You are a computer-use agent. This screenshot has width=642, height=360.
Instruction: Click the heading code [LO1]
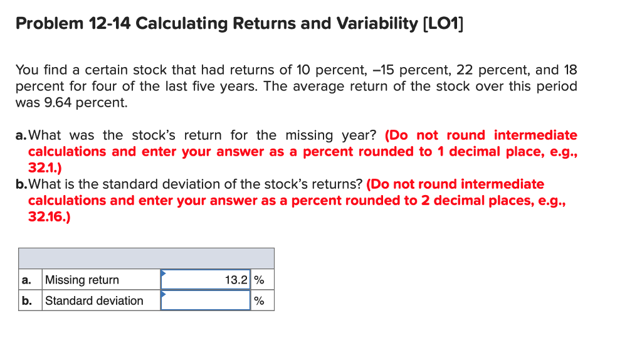[x=445, y=24]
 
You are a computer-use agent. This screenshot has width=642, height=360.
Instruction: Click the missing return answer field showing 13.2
[x=206, y=280]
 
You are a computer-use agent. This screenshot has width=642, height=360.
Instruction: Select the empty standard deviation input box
[x=206, y=300]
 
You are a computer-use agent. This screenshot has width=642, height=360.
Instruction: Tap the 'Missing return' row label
[x=82, y=280]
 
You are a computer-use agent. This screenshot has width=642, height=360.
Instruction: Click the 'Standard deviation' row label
[x=94, y=300]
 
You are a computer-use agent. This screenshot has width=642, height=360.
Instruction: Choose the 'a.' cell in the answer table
[x=26, y=280]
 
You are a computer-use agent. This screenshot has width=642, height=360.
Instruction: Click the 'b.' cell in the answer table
[x=26, y=300]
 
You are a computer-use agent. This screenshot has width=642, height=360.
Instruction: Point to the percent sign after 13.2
[x=259, y=280]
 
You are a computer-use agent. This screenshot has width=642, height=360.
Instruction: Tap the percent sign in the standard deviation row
[x=259, y=300]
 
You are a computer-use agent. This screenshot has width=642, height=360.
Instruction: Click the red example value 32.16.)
[x=49, y=217]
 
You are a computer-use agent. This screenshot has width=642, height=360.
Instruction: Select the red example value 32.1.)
[x=45, y=168]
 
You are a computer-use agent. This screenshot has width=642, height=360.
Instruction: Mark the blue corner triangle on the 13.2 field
[x=164, y=273]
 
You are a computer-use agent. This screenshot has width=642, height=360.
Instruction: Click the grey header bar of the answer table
[x=146, y=258]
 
